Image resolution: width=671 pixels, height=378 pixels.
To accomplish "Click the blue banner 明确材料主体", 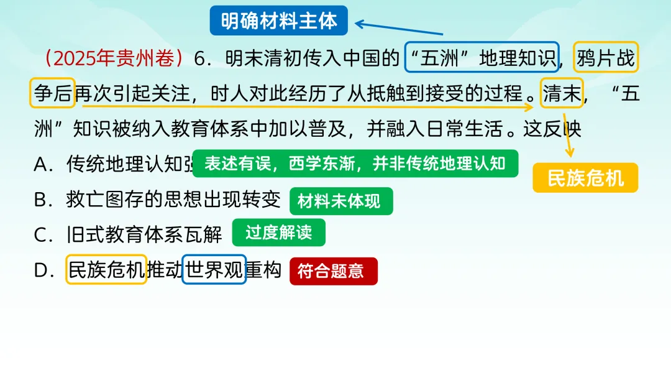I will click(278, 21).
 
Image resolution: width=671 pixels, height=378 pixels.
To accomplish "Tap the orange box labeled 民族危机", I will click(585, 178).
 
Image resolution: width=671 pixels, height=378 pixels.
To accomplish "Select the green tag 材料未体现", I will click(341, 201).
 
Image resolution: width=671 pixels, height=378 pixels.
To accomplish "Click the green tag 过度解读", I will click(278, 233).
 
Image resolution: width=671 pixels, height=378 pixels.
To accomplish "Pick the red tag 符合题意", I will click(333, 271).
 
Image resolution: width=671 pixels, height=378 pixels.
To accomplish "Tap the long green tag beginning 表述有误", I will click(355, 164).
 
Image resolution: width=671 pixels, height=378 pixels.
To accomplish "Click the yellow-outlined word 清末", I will click(562, 94).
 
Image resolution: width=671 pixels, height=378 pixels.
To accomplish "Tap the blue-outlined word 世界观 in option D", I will click(214, 270).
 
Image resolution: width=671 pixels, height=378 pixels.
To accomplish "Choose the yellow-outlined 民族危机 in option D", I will click(106, 270).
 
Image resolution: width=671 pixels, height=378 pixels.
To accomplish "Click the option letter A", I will click(42, 165).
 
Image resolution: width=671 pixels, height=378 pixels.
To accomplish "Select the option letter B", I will click(42, 200).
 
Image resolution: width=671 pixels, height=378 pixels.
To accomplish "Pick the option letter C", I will click(42, 235).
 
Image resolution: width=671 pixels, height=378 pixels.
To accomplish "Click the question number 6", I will click(200, 59).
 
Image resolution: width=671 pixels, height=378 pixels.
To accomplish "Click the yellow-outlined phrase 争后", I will click(52, 94).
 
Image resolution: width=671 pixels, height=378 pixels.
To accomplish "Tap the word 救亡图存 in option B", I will click(105, 200).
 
